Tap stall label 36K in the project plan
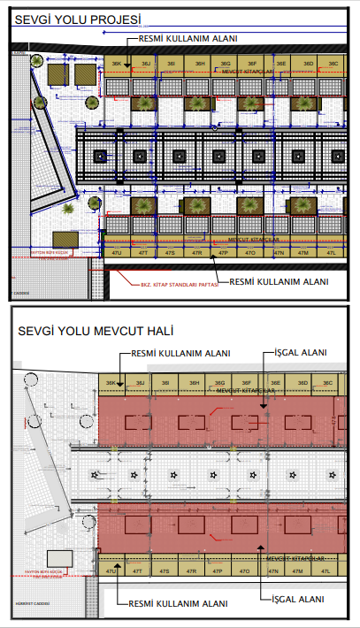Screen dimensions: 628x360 (116, 65)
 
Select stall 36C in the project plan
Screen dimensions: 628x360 (333, 65)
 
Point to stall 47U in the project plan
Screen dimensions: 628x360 (116, 253)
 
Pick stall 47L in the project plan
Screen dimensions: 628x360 (331, 253)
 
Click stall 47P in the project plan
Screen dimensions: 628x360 (224, 253)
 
